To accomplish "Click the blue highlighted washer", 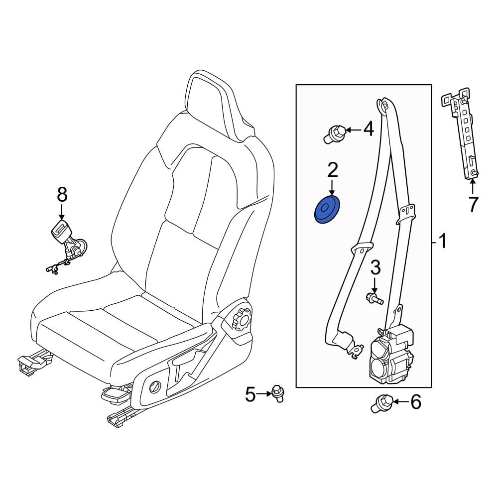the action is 327,210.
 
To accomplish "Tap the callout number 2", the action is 332,170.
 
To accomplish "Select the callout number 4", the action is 369,129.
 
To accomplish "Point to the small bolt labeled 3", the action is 374,298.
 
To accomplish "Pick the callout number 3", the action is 375,268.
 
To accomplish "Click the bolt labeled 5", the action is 277,393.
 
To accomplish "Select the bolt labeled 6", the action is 382,403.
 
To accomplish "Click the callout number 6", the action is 415,402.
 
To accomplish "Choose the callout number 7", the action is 473,205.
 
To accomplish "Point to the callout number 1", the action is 442,241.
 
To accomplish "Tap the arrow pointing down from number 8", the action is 62,211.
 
